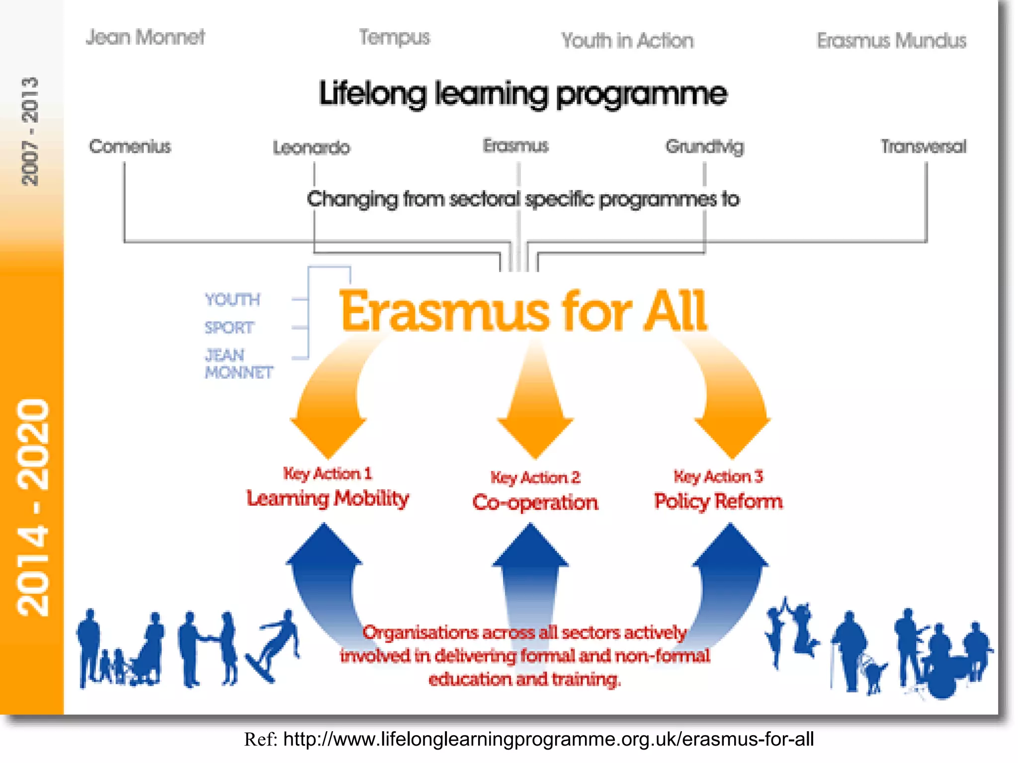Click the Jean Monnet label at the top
[145, 37]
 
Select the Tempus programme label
[395, 38]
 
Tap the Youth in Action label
[627, 41]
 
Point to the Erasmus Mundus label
[892, 41]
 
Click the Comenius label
[130, 147]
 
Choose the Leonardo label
[312, 148]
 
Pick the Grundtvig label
[705, 147]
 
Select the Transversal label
[924, 147]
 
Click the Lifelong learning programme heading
[523, 94]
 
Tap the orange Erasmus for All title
[523, 311]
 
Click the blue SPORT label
[229, 327]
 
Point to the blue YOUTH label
[232, 300]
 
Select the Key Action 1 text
[328, 473]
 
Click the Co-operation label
[535, 502]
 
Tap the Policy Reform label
[718, 501]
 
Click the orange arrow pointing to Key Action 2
[535, 402]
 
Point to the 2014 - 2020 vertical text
[33, 507]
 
